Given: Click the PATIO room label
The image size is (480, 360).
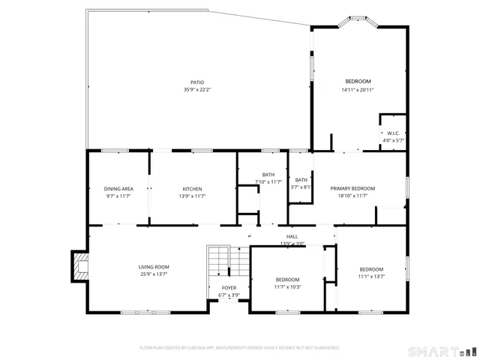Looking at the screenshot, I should point(196,82).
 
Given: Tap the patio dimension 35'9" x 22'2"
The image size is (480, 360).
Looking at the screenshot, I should point(196,90).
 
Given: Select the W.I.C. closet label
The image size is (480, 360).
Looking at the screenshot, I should point(394,133).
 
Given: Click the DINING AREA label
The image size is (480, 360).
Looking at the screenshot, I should point(118,188).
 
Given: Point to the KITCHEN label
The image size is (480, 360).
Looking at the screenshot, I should point(192,188).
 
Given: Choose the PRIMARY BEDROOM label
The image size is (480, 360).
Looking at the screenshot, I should point(352,188).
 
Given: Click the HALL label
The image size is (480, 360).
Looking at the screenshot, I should point(292,236).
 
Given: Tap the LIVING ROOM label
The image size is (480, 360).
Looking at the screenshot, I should point(154,267).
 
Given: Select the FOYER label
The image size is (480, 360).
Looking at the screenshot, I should point(229,288).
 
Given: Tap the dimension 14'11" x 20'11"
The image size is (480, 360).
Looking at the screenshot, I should point(358,90).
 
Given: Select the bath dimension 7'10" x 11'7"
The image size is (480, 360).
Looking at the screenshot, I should point(268,181).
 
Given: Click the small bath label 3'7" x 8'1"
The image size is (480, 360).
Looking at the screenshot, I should point(301,187).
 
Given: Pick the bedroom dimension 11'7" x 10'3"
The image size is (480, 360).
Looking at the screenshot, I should point(287,286).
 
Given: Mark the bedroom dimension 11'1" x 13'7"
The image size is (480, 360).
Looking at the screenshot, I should point(371,276).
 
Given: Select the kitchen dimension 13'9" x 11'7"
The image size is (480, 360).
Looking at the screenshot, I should point(192,196).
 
